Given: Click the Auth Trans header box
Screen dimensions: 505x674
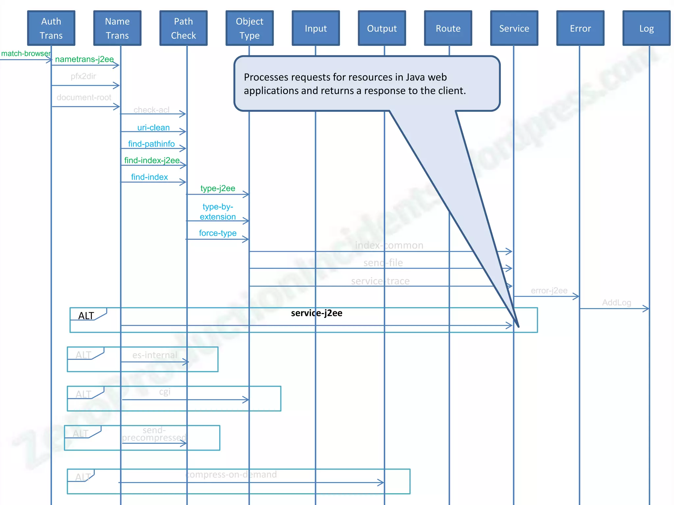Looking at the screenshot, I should (x=51, y=28).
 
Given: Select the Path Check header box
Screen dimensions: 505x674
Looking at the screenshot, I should (x=183, y=28).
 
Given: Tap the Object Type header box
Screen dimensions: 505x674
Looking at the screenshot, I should (x=249, y=28).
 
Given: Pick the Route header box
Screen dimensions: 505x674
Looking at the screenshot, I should (x=448, y=28).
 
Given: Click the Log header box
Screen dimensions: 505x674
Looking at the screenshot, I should (x=646, y=28).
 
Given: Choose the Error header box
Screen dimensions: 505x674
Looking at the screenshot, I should (x=580, y=28).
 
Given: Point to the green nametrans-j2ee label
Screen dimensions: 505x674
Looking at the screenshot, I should (x=84, y=59).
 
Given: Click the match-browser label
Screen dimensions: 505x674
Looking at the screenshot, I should (x=26, y=54).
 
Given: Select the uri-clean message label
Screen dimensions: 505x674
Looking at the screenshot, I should (x=153, y=128).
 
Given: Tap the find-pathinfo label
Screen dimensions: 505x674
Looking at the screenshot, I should (x=151, y=144).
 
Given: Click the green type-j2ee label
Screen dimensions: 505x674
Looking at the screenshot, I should (x=218, y=188).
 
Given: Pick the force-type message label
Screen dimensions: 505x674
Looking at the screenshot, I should (x=218, y=233).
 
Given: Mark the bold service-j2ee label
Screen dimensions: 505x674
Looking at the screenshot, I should (x=317, y=313).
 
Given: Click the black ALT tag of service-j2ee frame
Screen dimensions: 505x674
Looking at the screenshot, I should (x=86, y=316).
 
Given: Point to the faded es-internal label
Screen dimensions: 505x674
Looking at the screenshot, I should (x=155, y=355).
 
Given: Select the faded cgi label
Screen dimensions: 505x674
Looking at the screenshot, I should (x=165, y=392).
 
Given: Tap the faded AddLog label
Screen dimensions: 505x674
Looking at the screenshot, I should (x=616, y=302).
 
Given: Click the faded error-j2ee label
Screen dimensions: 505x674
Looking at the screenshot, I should (x=549, y=291).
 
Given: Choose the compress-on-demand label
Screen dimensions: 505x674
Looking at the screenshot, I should (x=231, y=474).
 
